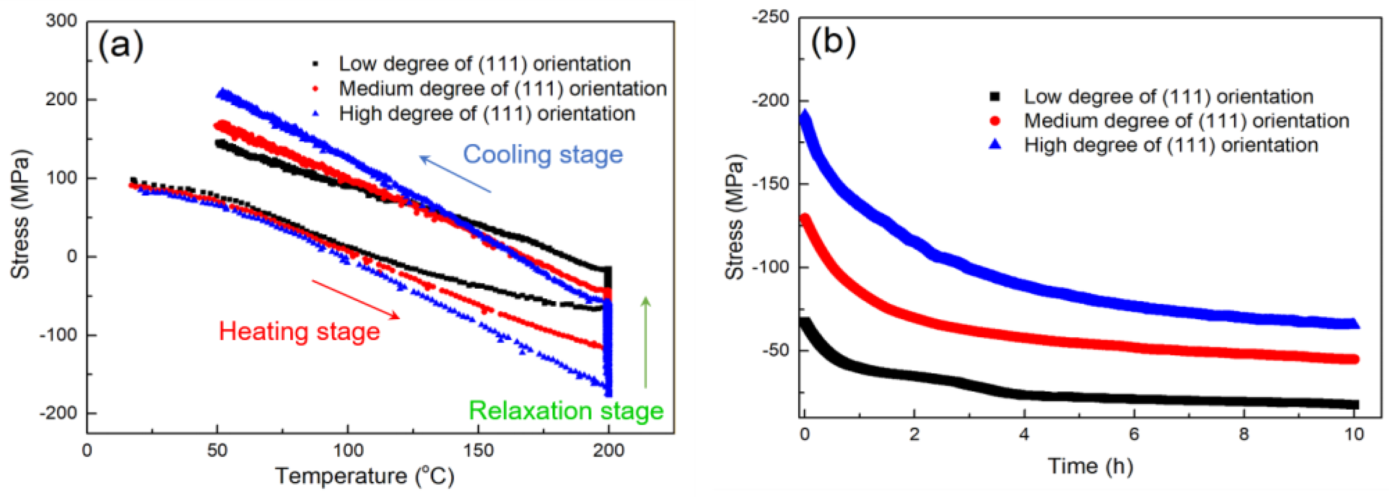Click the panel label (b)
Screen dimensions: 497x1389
click(833, 41)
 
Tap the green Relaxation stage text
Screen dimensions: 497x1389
click(566, 411)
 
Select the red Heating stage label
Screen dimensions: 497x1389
click(299, 331)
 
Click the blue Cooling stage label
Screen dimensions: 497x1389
click(543, 154)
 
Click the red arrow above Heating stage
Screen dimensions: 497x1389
click(355, 299)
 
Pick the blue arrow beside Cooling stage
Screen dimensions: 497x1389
click(455, 174)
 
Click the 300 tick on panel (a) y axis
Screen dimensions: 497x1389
click(61, 21)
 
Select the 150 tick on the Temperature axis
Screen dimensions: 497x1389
click(478, 450)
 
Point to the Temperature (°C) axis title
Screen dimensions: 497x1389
click(365, 476)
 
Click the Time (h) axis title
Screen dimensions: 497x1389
click(1090, 466)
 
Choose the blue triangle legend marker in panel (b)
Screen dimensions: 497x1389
click(995, 145)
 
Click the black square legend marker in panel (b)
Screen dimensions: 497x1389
click(995, 97)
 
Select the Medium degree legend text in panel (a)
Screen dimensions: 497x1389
click(502, 88)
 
